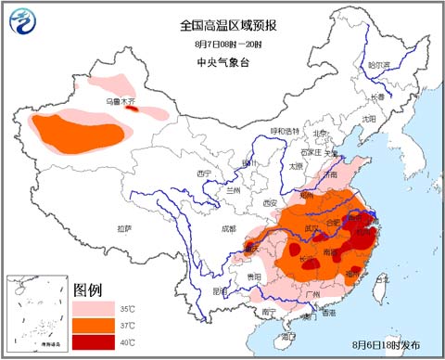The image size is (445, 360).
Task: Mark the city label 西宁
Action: [204, 174]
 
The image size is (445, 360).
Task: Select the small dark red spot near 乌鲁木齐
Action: [132, 109]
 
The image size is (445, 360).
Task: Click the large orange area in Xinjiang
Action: [79, 132]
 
